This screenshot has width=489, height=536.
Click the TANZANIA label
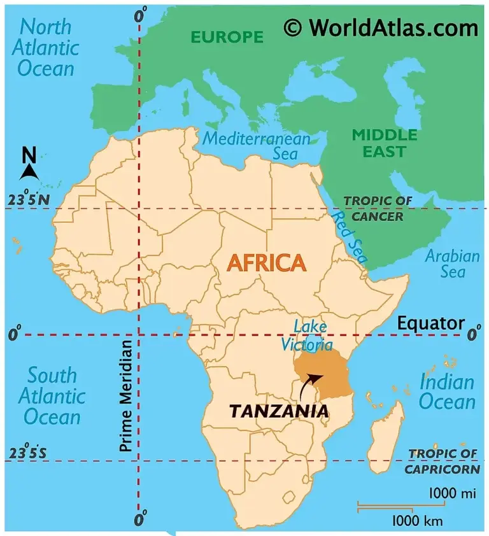point(279,411)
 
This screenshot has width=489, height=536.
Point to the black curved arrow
point(309,383)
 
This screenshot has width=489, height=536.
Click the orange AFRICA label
point(267,263)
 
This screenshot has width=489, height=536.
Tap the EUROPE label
point(227,37)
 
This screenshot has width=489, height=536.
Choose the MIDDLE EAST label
point(385,143)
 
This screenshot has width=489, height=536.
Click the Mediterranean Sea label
point(258,146)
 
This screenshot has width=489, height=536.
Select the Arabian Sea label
point(452,264)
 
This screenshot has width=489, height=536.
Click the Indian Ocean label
point(447,392)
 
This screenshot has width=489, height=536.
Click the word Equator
point(430,323)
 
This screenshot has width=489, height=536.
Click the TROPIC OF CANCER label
point(373,209)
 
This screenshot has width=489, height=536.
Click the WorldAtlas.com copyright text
point(381,27)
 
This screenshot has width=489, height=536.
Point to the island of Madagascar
point(386,433)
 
